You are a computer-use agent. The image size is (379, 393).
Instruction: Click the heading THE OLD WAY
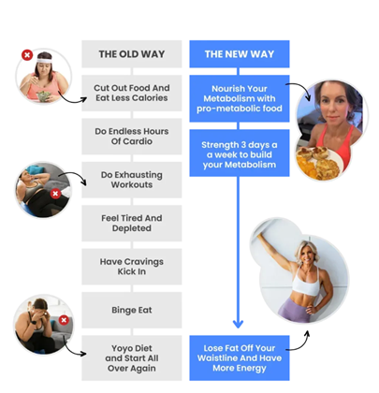click(132, 54)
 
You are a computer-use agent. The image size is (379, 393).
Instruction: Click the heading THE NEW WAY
click(240, 54)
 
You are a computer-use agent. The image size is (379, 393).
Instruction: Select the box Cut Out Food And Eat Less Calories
click(132, 93)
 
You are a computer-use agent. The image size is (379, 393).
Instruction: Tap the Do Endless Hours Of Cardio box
click(132, 137)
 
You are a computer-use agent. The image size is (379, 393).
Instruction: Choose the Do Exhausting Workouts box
click(132, 180)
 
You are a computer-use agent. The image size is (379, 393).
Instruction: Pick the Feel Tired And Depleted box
click(132, 223)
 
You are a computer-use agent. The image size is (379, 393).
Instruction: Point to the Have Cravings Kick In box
click(132, 267)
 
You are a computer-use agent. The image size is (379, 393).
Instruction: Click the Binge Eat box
click(132, 310)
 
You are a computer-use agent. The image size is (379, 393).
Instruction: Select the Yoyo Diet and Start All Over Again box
click(132, 358)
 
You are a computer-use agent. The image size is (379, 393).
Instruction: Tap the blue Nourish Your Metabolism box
click(240, 98)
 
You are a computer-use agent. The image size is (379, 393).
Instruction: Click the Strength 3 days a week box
click(240, 153)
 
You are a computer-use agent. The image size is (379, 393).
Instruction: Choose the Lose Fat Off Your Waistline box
click(240, 358)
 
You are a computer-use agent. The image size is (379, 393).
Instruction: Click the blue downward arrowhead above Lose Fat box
click(238, 324)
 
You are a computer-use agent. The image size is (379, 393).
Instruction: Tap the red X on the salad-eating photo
click(27, 55)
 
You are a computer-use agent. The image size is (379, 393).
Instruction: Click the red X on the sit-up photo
click(55, 194)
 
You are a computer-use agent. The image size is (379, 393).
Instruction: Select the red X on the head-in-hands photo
click(64, 320)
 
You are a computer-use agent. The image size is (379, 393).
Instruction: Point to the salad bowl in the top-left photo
click(44, 96)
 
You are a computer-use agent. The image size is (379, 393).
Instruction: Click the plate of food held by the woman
click(318, 163)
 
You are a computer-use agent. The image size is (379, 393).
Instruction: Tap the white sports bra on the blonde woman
click(306, 283)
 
